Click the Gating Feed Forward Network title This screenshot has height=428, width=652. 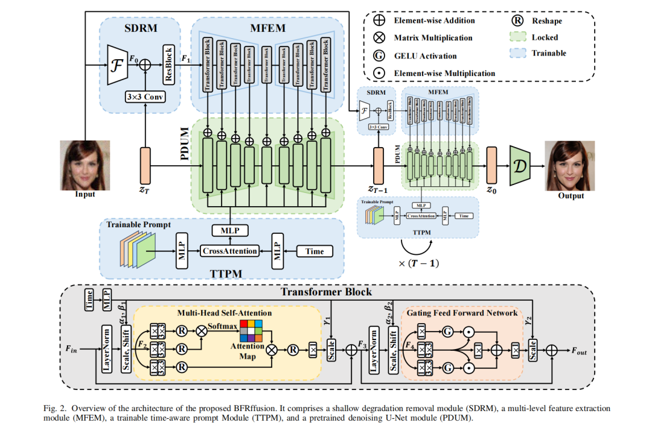point(462,313)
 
